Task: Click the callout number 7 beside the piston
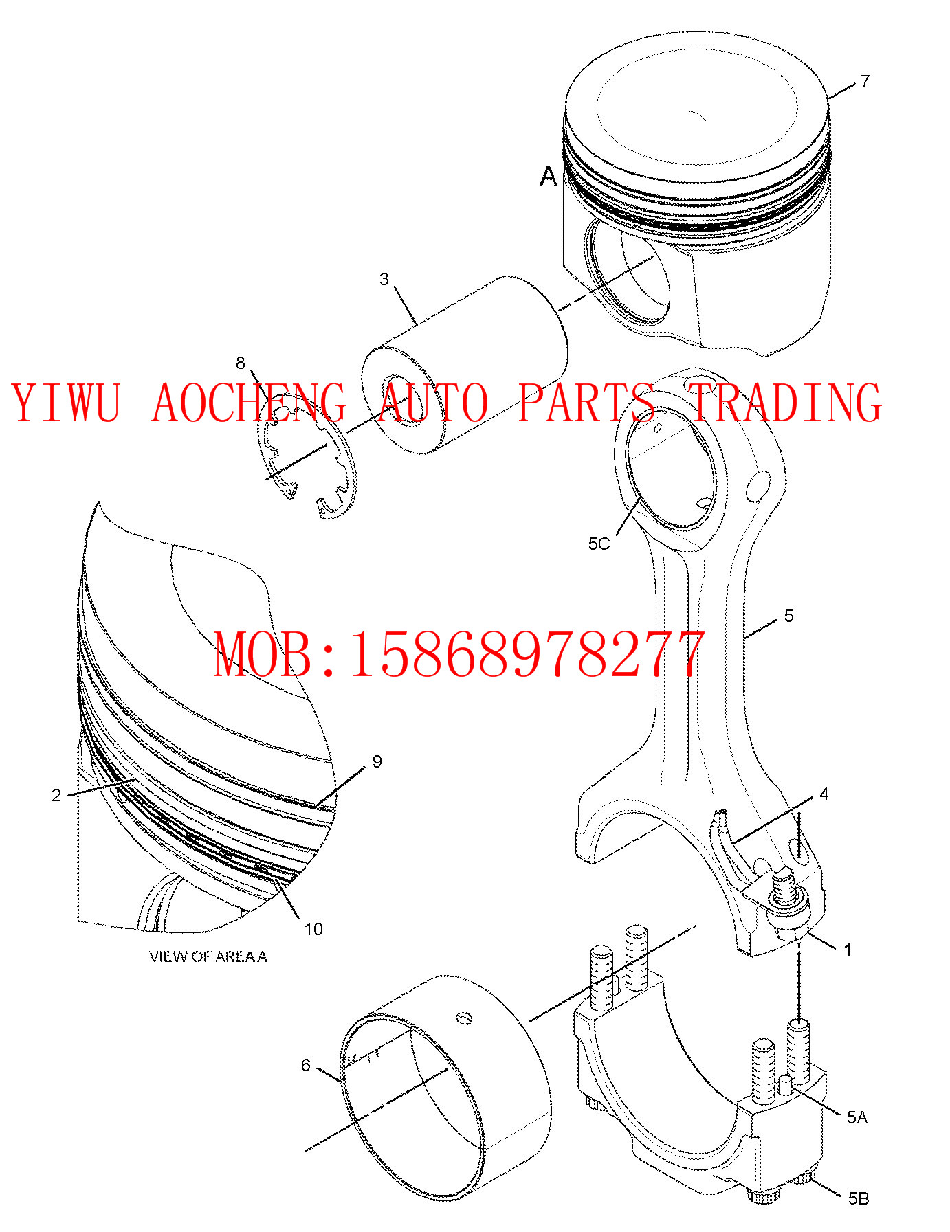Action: point(865,81)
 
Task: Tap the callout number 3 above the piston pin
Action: point(384,279)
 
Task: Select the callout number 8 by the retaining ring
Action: point(240,363)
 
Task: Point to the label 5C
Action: point(599,544)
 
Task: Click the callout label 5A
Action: point(857,1118)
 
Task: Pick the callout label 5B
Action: point(858,1199)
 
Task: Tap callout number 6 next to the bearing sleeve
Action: point(306,1065)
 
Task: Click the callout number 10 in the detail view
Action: point(313,930)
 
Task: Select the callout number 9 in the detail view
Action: point(377,761)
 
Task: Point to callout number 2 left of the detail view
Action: point(56,795)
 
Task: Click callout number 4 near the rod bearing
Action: point(824,794)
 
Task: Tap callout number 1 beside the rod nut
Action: point(848,950)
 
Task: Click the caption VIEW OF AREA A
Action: point(208,956)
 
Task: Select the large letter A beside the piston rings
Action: point(548,177)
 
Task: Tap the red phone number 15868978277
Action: point(527,655)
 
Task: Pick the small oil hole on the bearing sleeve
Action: point(465,1018)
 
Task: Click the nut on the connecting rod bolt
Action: point(787,910)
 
